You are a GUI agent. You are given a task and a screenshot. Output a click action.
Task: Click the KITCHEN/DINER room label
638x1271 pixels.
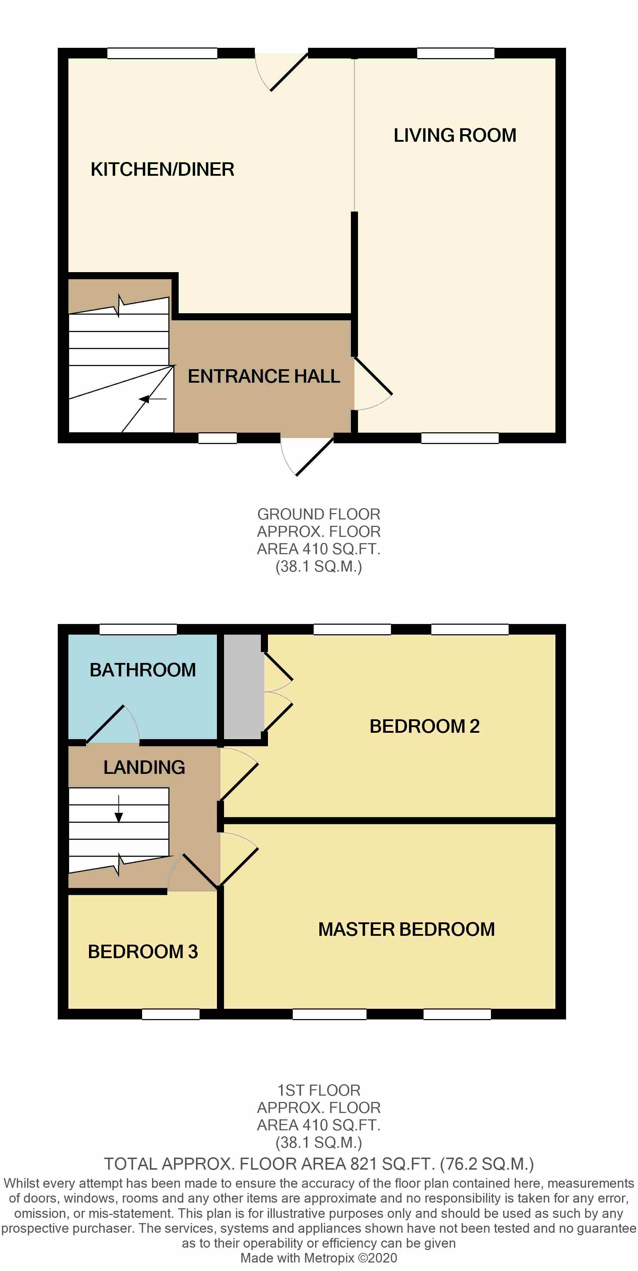click(x=162, y=169)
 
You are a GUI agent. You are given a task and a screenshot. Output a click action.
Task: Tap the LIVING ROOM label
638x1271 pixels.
click(x=454, y=135)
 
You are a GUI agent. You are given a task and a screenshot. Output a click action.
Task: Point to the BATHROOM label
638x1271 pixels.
click(x=142, y=670)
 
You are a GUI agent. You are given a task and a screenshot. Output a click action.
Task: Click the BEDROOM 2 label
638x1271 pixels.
click(x=424, y=726)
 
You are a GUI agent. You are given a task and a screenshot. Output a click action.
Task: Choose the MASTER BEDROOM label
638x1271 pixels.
click(x=406, y=929)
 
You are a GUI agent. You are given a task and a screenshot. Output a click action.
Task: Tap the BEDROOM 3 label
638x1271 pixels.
click(x=142, y=952)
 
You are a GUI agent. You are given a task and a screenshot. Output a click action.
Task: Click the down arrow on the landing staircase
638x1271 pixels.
click(x=119, y=809)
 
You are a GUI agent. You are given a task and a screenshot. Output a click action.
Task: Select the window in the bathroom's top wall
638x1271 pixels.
click(x=138, y=629)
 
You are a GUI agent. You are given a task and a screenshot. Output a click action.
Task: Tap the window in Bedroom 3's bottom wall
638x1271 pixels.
click(x=171, y=1014)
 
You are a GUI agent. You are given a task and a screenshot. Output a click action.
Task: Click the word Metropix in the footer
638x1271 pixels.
click(x=329, y=1258)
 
